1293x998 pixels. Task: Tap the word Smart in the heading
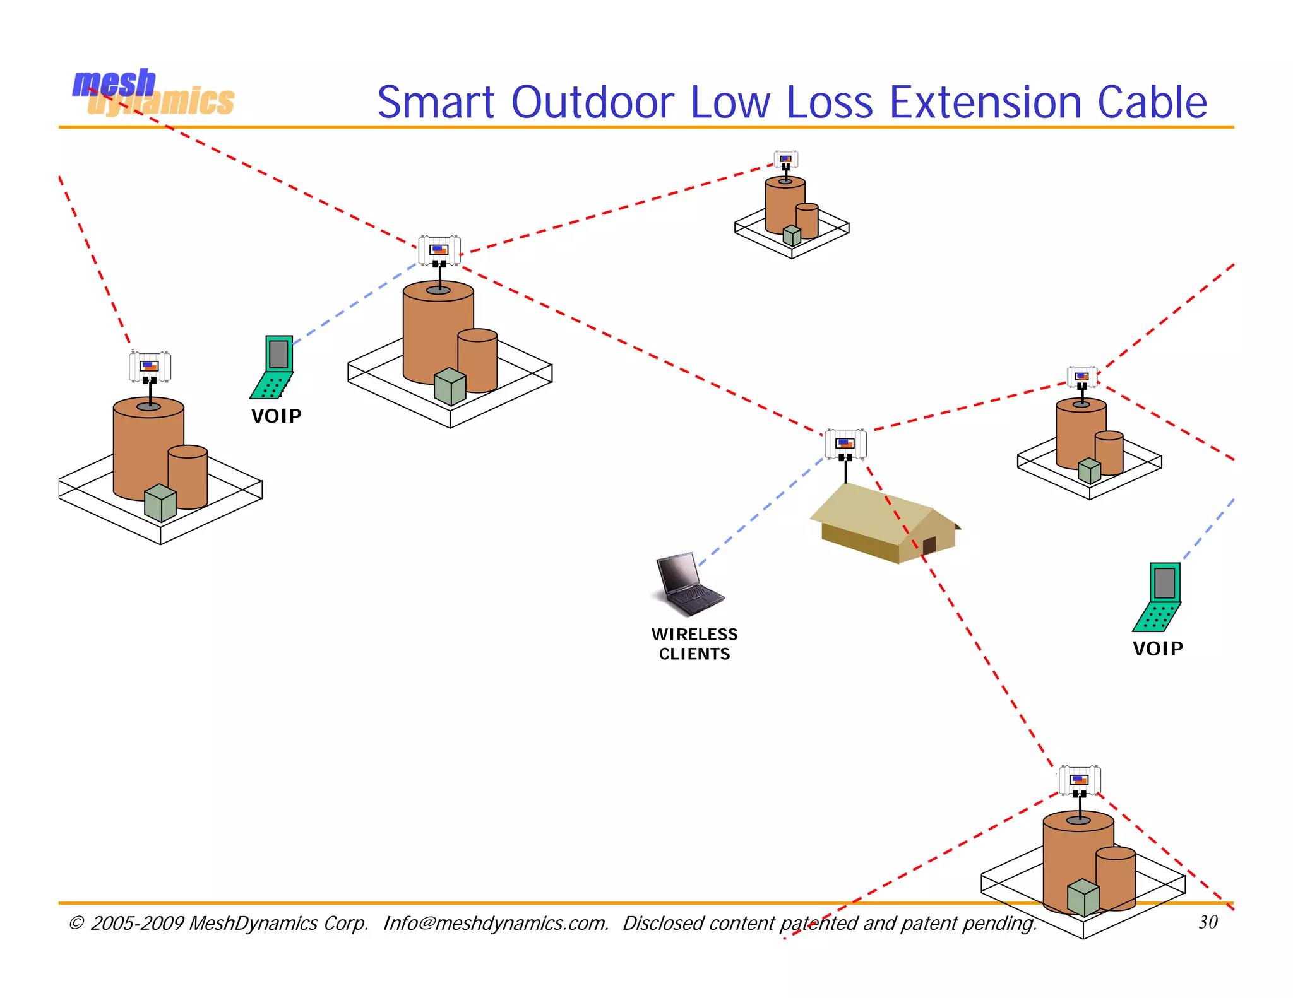[x=436, y=102]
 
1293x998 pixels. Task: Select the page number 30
[x=1208, y=922]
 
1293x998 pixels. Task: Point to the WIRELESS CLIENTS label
[x=694, y=644]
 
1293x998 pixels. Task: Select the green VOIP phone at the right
[x=1158, y=597]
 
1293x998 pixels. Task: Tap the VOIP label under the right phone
[x=1157, y=649]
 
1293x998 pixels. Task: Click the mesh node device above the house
[x=845, y=444]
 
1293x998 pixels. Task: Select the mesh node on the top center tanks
[x=785, y=160]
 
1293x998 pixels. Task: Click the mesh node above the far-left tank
[x=150, y=367]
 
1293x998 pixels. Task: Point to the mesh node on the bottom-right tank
[x=1080, y=780]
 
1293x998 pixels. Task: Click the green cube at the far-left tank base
[x=160, y=503]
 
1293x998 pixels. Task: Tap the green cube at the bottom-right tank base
[x=1083, y=897]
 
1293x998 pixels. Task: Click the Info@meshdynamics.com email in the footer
[x=496, y=923]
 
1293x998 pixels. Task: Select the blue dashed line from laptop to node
[x=761, y=512]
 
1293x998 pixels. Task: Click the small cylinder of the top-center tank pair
[x=807, y=221]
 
